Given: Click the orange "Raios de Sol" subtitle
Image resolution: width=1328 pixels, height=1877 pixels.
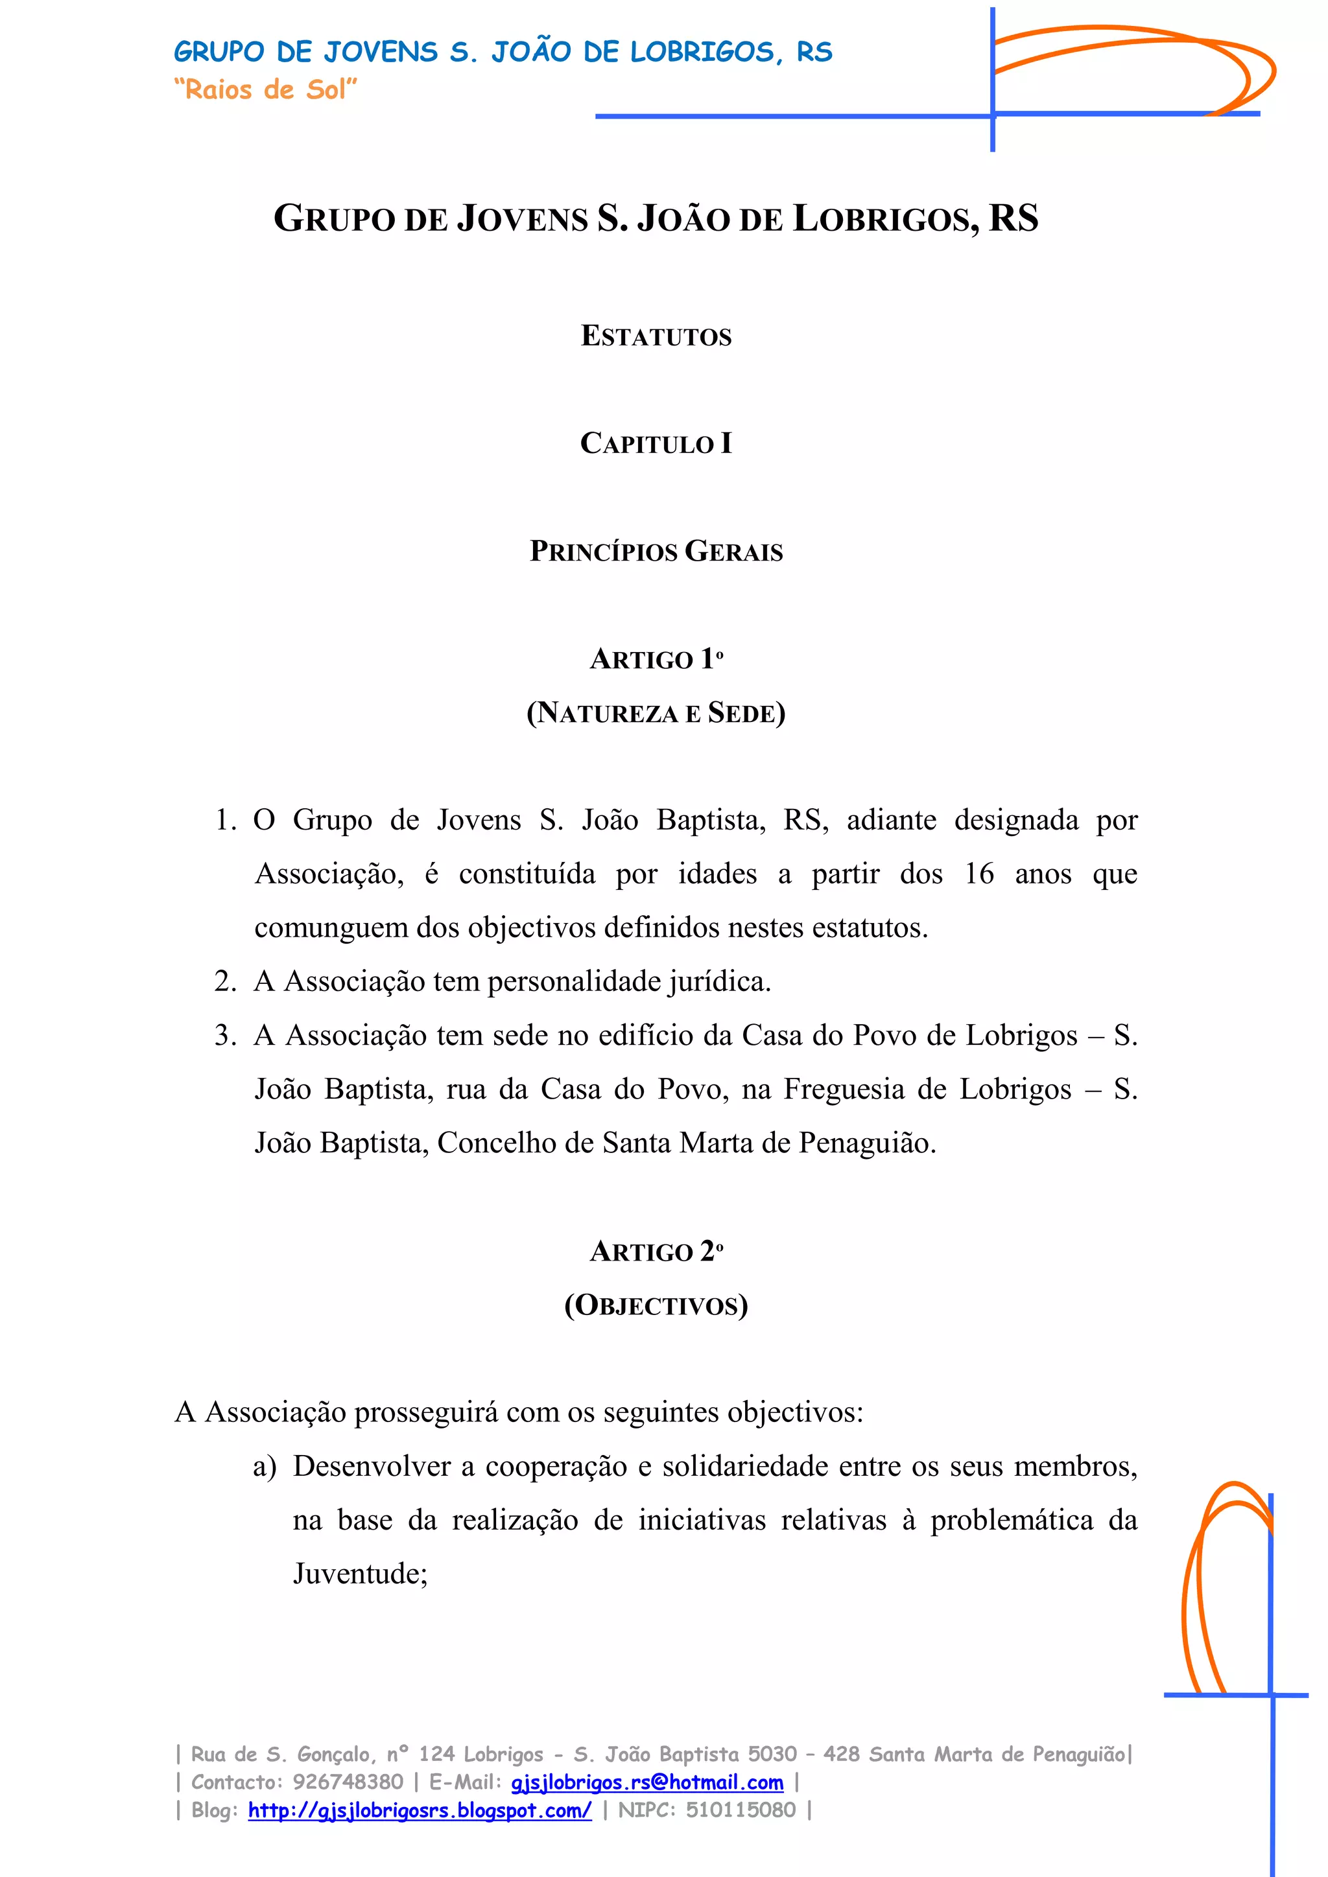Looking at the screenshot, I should tap(265, 89).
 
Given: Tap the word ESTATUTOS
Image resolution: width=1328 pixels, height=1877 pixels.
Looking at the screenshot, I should tap(656, 336).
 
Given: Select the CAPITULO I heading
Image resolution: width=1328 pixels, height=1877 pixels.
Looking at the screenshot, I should tap(656, 443).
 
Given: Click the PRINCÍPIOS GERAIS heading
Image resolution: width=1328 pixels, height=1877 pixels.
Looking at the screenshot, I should tap(656, 551).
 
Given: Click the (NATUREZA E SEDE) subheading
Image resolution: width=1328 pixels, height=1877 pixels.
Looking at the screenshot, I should tap(656, 713).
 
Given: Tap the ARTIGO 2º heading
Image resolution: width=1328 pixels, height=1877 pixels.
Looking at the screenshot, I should tap(656, 1252).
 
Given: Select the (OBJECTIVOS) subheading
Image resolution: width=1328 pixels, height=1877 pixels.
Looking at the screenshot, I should tap(656, 1305).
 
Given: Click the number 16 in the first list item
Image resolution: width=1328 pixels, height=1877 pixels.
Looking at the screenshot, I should tap(979, 874).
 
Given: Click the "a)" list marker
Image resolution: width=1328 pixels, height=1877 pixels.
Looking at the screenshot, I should tap(264, 1467).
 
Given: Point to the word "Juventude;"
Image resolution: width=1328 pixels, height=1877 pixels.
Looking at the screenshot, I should tap(360, 1574).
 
